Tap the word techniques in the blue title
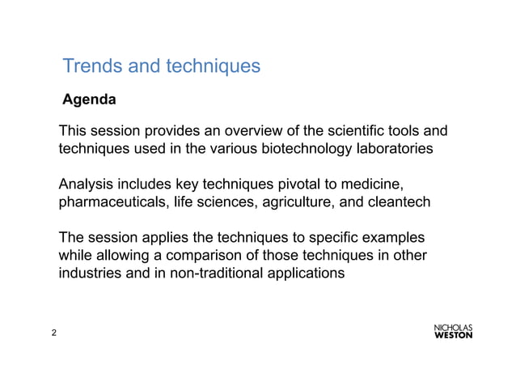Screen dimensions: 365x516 [x=213, y=66]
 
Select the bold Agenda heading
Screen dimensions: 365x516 [x=90, y=101]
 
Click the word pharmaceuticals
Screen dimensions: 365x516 [x=112, y=202]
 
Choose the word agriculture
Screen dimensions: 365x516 [x=294, y=202]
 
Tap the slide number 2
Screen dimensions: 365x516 [x=53, y=333]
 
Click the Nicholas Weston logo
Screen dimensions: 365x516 [x=454, y=332]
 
